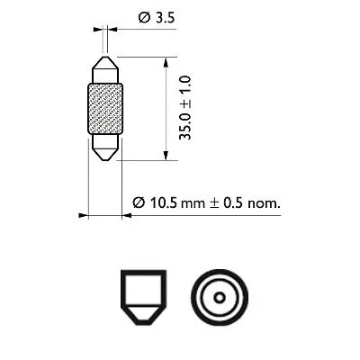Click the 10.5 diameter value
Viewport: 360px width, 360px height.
click(x=168, y=203)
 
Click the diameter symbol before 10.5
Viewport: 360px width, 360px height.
click(x=139, y=203)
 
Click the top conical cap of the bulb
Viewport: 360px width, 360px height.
click(x=105, y=68)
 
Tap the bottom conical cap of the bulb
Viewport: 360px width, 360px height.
click(x=105, y=148)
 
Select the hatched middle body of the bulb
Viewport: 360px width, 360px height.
click(x=105, y=108)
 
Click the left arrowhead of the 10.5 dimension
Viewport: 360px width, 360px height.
click(x=83, y=216)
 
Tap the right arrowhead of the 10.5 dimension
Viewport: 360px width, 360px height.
click(x=126, y=216)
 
